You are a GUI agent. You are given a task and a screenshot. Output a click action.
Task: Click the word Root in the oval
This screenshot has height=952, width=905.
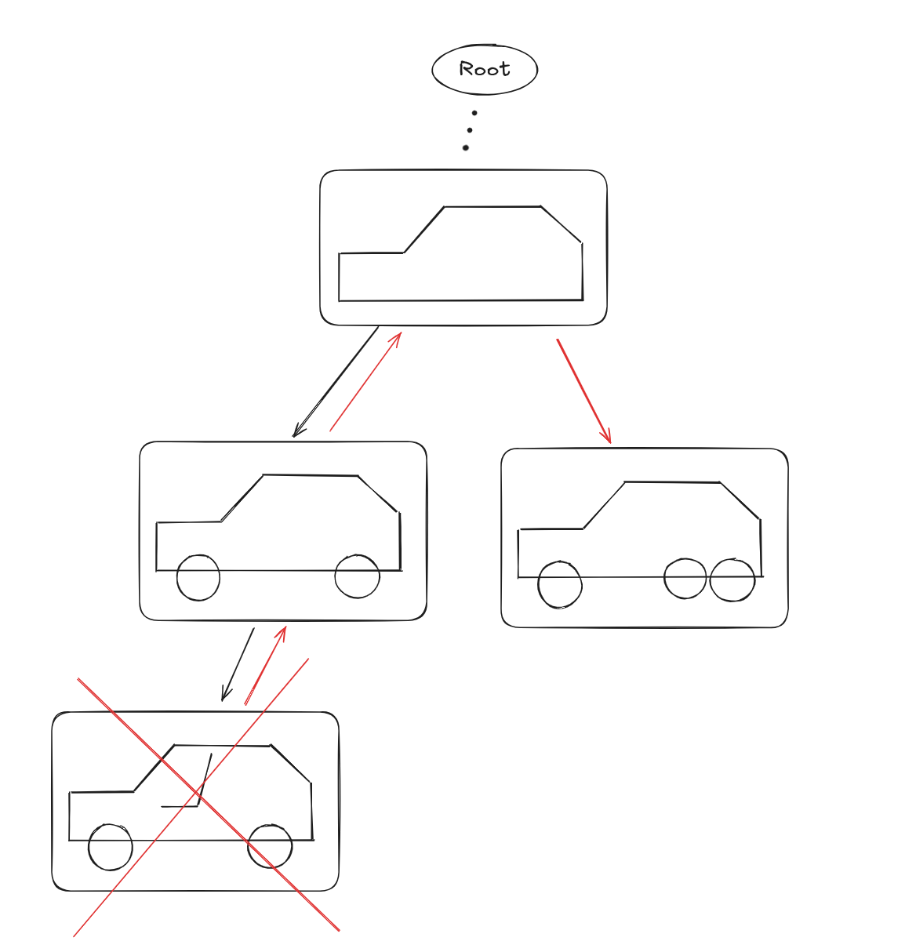484,69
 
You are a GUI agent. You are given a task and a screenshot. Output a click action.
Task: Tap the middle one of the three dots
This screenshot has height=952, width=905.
470,130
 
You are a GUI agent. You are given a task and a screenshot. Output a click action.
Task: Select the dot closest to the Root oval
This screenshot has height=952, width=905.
474,113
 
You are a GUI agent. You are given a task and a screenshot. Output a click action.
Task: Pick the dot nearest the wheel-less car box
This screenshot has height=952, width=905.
466,147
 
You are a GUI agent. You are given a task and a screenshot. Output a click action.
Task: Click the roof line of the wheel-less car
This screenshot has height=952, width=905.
492,207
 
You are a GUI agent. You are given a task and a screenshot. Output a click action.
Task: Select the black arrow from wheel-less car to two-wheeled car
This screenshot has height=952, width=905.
336,381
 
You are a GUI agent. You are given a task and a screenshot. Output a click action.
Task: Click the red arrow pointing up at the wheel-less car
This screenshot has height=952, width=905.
365,382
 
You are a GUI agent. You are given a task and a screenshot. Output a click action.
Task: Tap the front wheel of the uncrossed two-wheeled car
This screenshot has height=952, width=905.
198,578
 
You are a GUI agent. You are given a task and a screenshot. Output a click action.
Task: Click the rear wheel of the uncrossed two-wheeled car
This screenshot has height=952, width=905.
357,576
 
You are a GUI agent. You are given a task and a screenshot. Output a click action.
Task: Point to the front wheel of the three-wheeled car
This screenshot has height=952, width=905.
560,585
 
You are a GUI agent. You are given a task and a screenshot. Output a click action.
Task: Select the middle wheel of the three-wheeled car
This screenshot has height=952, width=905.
685,579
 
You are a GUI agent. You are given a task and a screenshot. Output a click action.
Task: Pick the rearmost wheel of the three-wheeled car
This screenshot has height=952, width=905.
732,580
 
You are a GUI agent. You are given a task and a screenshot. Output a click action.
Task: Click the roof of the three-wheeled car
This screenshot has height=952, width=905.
672,482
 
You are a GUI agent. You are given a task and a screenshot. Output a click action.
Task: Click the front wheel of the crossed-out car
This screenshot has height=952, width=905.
111,847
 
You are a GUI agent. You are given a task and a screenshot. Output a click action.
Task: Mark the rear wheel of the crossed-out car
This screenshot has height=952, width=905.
270,846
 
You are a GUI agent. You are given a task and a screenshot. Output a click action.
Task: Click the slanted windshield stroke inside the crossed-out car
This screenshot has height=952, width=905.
205,778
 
